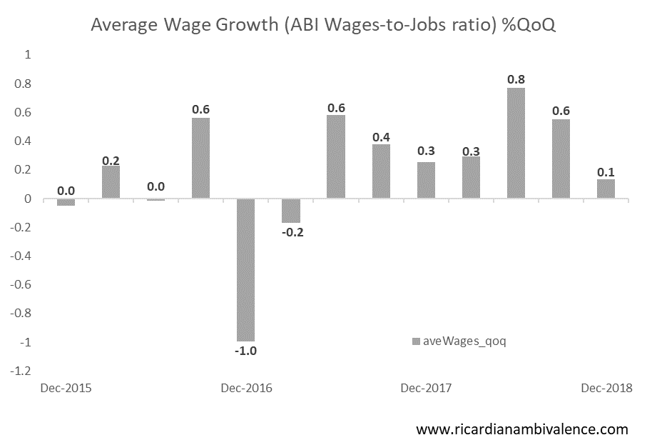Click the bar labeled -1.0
pyautogui.click(x=246, y=270)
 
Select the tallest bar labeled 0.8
pyautogui.click(x=516, y=143)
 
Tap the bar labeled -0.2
pyautogui.click(x=290, y=211)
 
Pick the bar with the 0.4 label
pyautogui.click(x=380, y=171)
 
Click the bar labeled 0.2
pyautogui.click(x=111, y=182)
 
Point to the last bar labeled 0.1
pyautogui.click(x=606, y=189)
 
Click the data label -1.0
pyautogui.click(x=246, y=351)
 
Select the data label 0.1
pyautogui.click(x=606, y=171)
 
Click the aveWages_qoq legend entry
pyautogui.click(x=459, y=341)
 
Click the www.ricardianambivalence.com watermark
pyautogui.click(x=521, y=429)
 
